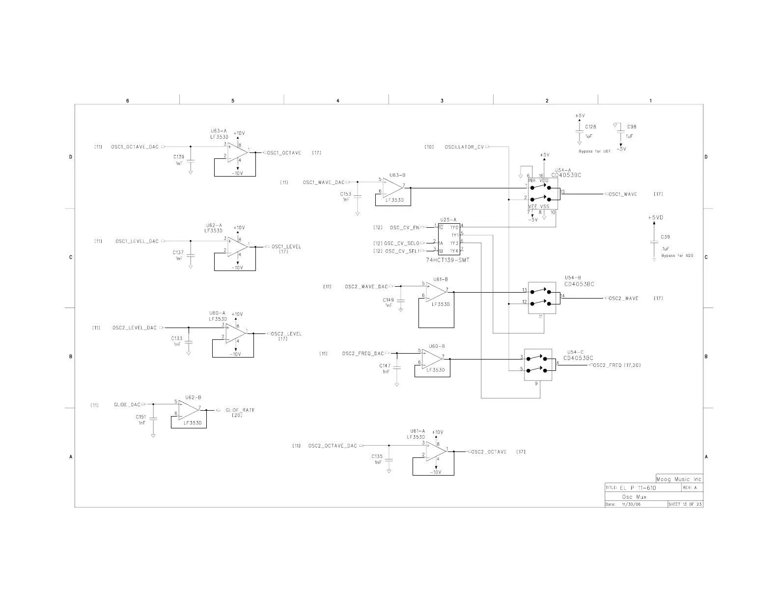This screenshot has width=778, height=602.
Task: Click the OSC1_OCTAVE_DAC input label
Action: tap(135, 147)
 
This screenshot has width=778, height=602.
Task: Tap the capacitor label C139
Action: tap(178, 157)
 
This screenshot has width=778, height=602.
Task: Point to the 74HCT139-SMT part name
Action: tap(447, 260)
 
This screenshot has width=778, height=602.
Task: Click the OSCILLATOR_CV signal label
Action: tap(464, 147)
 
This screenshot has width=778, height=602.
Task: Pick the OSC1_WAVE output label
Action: tap(623, 194)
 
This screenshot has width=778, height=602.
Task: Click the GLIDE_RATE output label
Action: tap(240, 410)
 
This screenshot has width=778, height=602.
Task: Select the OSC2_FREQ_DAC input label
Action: tap(363, 354)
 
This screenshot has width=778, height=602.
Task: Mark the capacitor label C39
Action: tap(665, 237)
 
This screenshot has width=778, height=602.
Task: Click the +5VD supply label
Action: tap(655, 217)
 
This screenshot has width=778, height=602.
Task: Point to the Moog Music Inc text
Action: tap(679, 479)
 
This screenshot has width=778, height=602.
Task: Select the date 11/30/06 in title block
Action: tap(631, 504)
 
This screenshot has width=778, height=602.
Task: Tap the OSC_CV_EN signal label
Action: tap(404, 228)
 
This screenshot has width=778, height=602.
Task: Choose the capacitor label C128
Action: tap(590, 127)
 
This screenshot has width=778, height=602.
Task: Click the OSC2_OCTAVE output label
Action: tap(489, 452)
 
